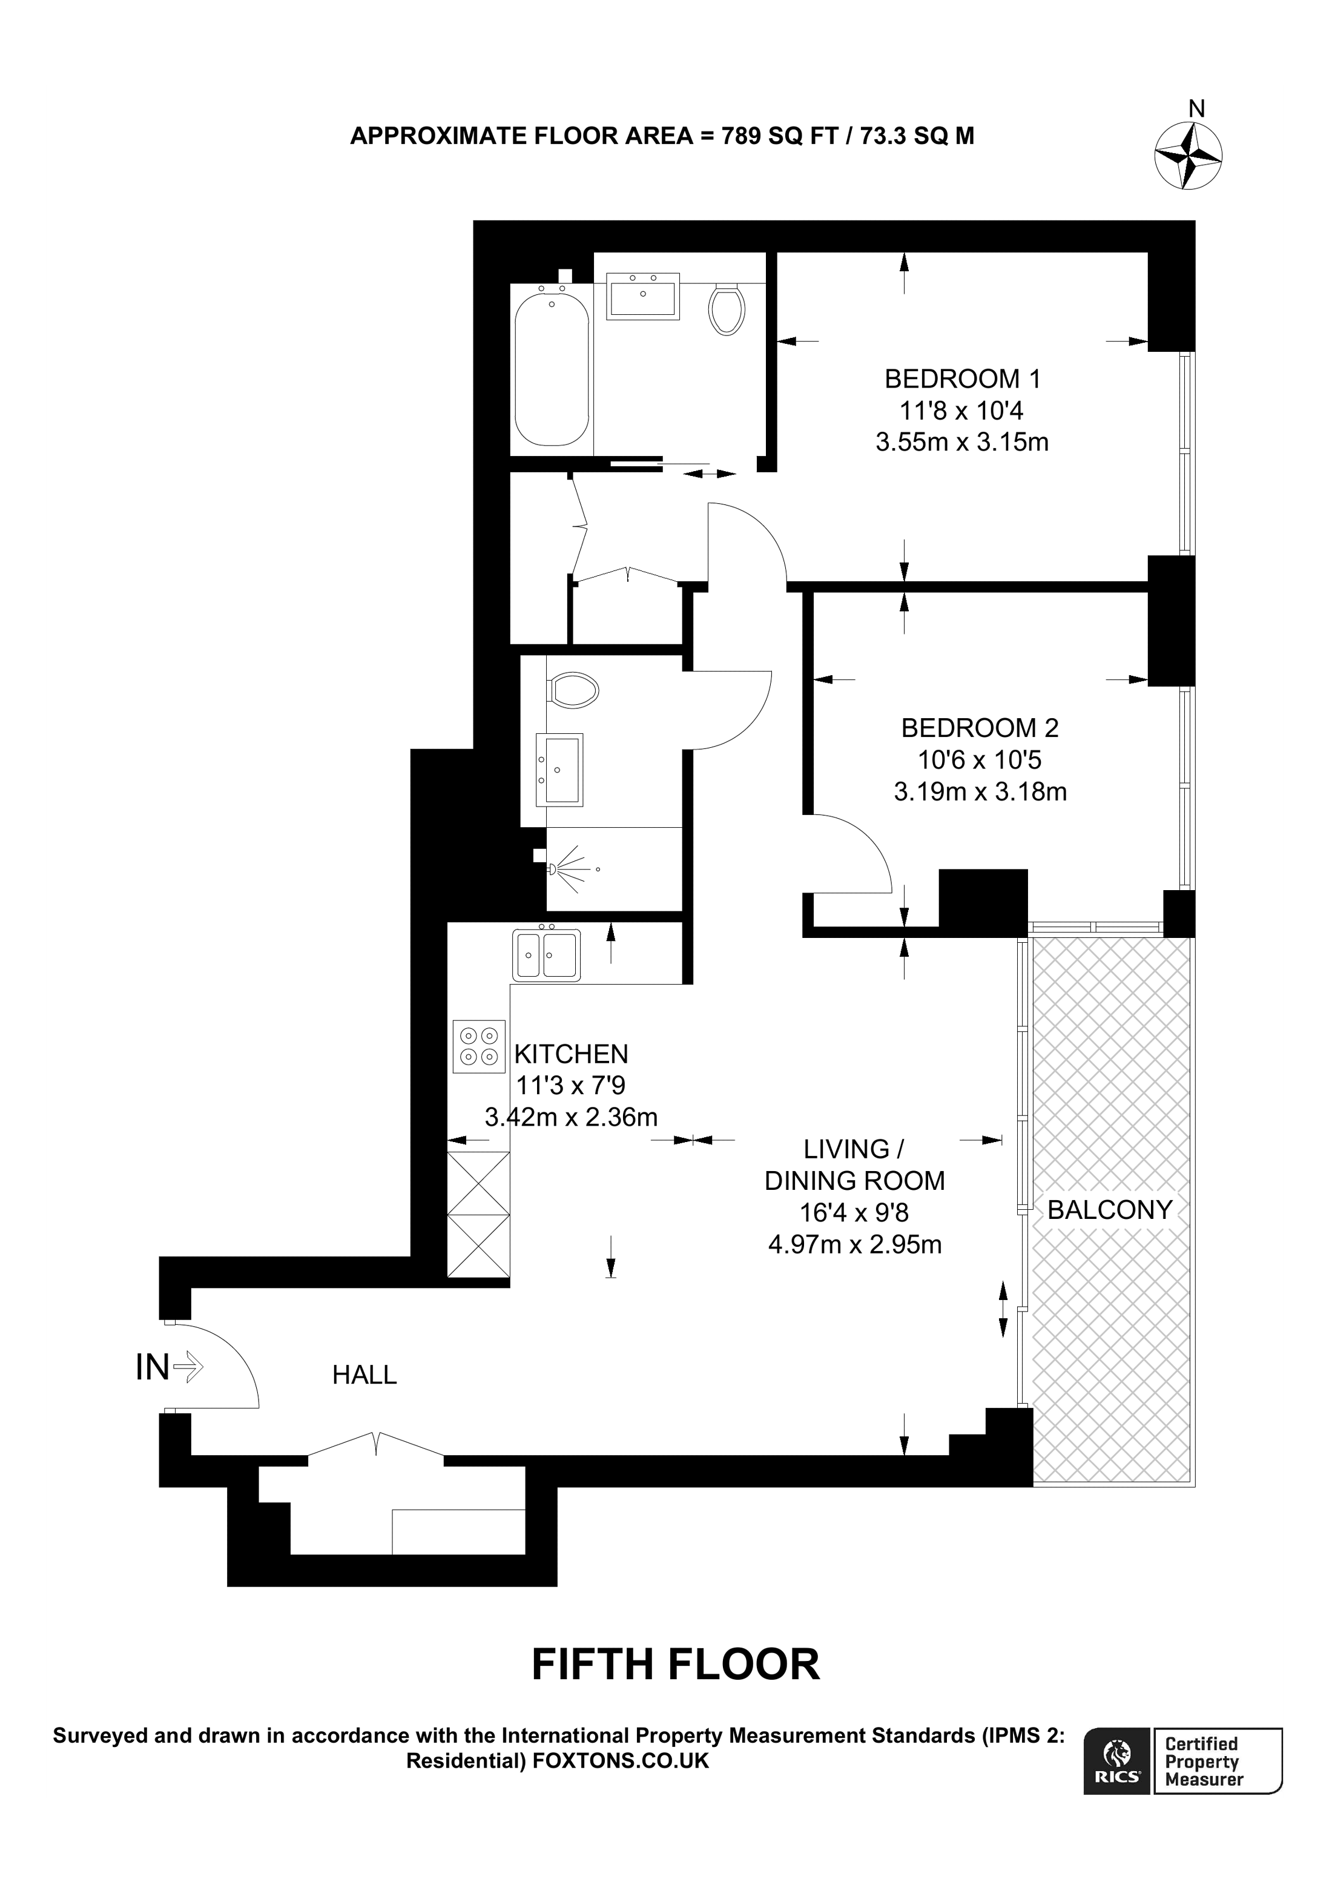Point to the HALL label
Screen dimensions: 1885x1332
click(x=364, y=1375)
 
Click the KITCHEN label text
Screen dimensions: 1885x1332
click(x=570, y=1054)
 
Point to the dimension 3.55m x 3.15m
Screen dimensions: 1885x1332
click(x=962, y=443)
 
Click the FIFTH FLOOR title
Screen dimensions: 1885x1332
click(x=676, y=1664)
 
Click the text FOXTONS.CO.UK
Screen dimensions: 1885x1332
click(x=621, y=1761)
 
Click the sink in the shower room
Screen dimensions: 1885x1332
click(x=559, y=769)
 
